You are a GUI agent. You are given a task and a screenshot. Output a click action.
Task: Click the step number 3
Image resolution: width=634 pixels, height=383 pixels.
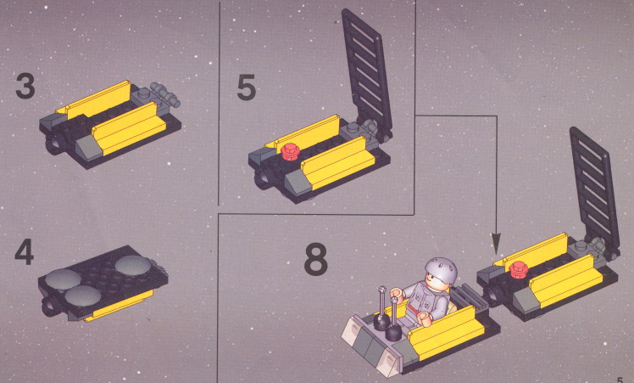pos(25,86)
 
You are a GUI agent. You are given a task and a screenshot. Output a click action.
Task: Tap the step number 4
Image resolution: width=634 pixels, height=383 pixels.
pos(25,251)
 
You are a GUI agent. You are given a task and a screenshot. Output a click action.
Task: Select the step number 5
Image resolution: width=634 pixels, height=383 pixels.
pos(247,87)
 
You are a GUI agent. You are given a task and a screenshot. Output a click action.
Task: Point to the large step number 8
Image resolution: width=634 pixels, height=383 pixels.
pos(315,258)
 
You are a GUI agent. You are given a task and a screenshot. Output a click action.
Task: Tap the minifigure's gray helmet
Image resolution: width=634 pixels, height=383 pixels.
pos(441,270)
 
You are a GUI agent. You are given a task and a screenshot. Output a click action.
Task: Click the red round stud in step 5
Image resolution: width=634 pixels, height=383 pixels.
pos(291,151)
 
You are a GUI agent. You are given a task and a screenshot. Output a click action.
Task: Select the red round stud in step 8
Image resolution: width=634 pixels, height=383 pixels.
pos(520,270)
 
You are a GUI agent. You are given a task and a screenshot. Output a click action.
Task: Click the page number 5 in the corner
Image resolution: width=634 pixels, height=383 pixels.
pos(620,380)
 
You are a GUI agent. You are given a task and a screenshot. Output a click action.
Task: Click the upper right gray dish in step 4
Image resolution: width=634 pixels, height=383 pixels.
pos(133,265)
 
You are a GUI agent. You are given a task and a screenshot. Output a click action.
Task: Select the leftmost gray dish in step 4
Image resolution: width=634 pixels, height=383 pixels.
pos(63,280)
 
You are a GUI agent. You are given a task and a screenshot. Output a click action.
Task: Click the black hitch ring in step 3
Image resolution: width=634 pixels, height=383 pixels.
pos(54,144)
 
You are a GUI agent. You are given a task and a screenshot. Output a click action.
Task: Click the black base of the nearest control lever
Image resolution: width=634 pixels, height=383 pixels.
pos(393,332)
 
